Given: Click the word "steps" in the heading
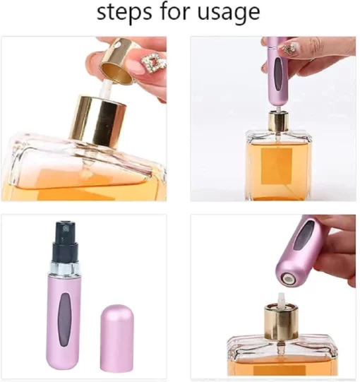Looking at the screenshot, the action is point(124,13).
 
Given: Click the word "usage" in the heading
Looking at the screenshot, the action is point(229,13).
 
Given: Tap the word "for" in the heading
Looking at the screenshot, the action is point(174,11).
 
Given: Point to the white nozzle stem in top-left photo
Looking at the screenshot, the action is point(105,89).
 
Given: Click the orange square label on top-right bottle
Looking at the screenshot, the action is point(277,166).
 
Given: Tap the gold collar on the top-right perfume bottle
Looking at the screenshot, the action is point(279,121).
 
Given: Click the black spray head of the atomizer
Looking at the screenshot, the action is point(66,241).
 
